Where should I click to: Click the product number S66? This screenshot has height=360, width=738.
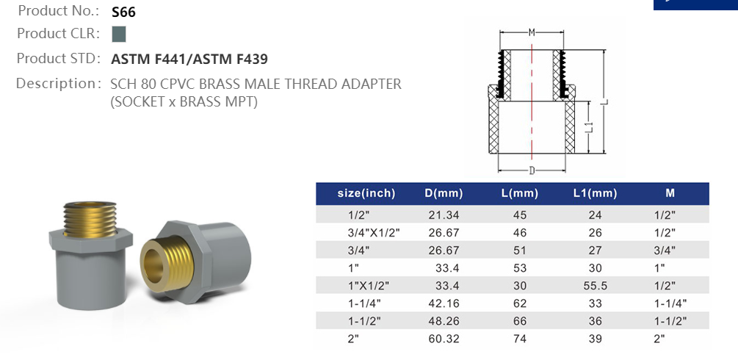[123, 12]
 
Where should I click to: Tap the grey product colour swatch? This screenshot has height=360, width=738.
[119, 34]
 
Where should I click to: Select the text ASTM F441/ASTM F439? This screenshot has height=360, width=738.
[195, 59]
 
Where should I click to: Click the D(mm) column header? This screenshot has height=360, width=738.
[444, 193]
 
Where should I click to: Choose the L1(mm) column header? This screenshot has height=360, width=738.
[595, 193]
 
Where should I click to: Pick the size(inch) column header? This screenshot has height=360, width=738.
[366, 193]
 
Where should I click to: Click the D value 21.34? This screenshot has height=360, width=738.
[444, 215]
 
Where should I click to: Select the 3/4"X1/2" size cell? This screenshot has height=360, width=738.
[372, 232]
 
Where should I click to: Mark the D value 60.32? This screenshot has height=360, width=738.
[444, 338]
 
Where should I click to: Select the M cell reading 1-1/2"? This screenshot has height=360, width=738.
[670, 320]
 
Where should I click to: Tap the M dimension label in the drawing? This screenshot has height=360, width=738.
[532, 32]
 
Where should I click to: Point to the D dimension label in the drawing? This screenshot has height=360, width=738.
[532, 170]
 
